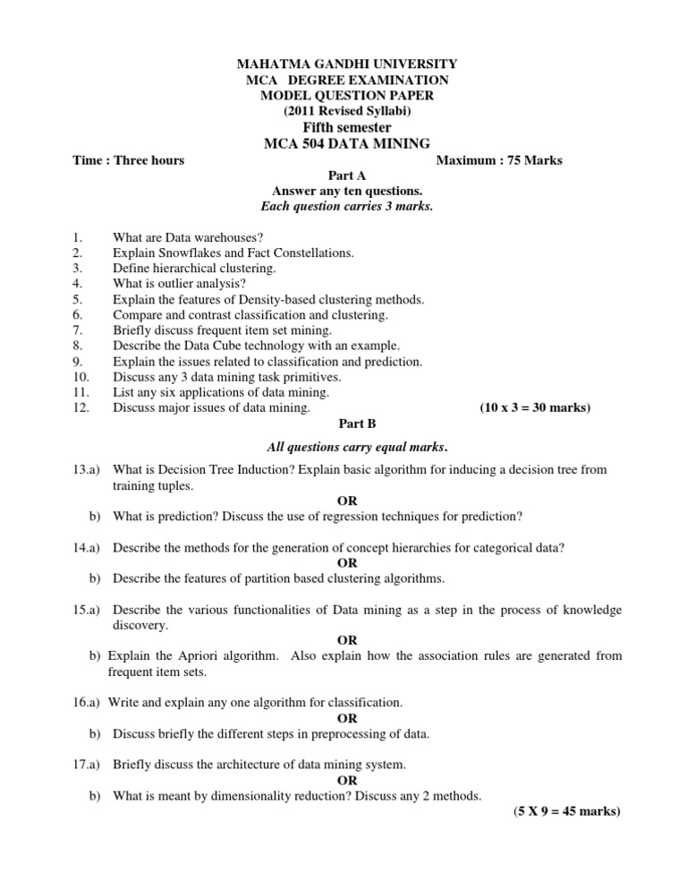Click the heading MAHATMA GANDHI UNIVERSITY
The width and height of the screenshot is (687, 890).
347,64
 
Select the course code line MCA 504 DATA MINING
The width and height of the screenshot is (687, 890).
347,143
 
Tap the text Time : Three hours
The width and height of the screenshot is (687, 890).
128,160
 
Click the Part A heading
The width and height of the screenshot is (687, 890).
347,176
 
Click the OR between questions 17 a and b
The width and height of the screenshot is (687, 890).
347,780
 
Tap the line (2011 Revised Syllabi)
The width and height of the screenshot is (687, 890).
347,111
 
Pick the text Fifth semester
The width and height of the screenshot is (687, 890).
347,127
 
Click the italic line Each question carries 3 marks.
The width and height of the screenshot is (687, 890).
347,207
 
